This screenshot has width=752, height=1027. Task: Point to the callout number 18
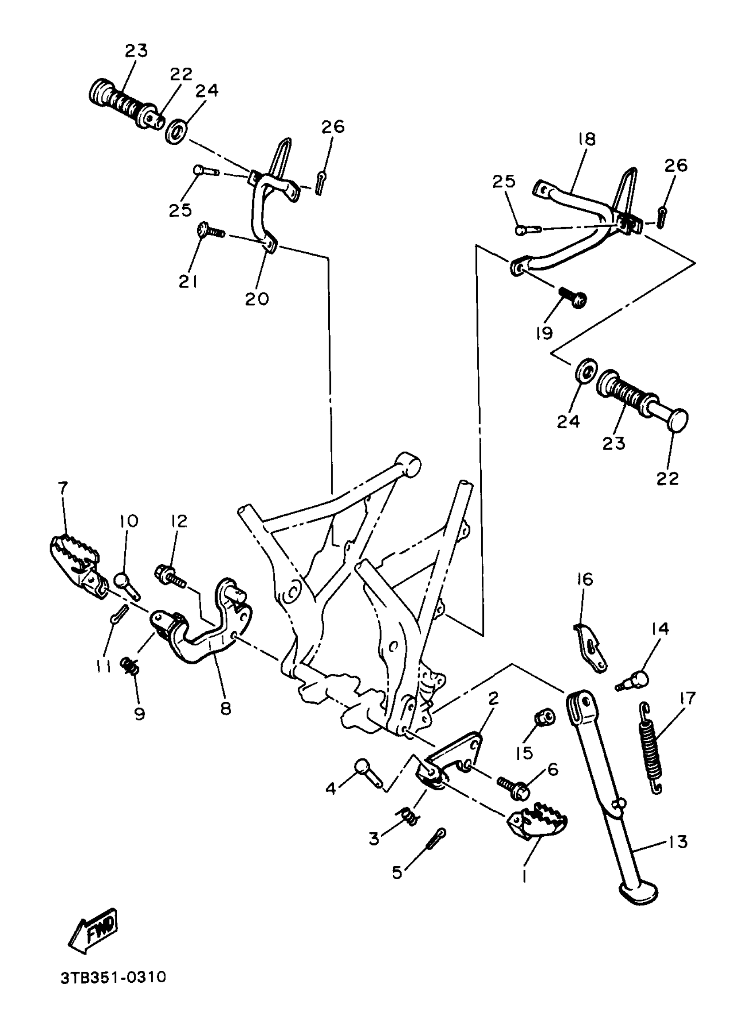point(587,139)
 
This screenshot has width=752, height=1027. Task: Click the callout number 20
point(257,299)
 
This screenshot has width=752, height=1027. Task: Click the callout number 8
point(226,708)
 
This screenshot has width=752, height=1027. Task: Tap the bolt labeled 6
point(514,788)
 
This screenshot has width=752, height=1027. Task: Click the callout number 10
point(129,521)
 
